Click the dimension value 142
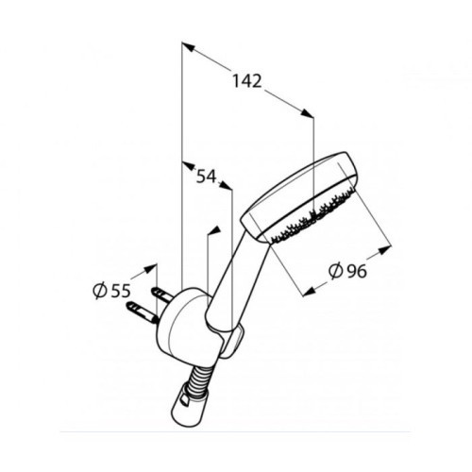pyautogui.click(x=247, y=81)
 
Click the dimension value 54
pyautogui.click(x=207, y=177)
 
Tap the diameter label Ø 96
pyautogui.click(x=347, y=271)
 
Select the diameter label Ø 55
pyautogui.click(x=111, y=291)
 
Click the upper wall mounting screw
pyautogui.click(x=161, y=294)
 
